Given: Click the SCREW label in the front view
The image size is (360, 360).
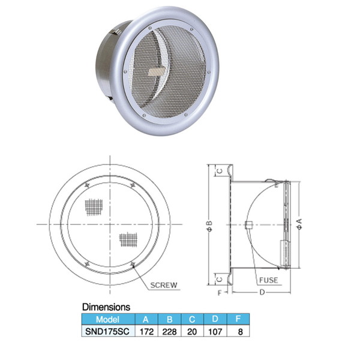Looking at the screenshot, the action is coord(164,285).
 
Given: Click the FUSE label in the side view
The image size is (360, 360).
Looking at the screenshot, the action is coord(268,280).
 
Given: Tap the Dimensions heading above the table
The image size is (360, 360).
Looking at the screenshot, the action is coord(106,307).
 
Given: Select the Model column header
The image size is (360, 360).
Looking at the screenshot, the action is coord(107,319).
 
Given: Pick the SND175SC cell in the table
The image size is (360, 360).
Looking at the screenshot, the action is coord(107,331).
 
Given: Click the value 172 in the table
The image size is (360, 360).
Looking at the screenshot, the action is coord(146,332).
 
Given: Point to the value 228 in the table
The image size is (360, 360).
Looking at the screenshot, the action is coord(169,332).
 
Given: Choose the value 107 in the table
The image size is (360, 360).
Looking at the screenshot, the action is coord(215,332).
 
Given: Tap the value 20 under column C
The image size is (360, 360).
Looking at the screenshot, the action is coord(192,332).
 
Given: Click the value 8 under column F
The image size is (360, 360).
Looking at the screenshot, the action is coord(241,332).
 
